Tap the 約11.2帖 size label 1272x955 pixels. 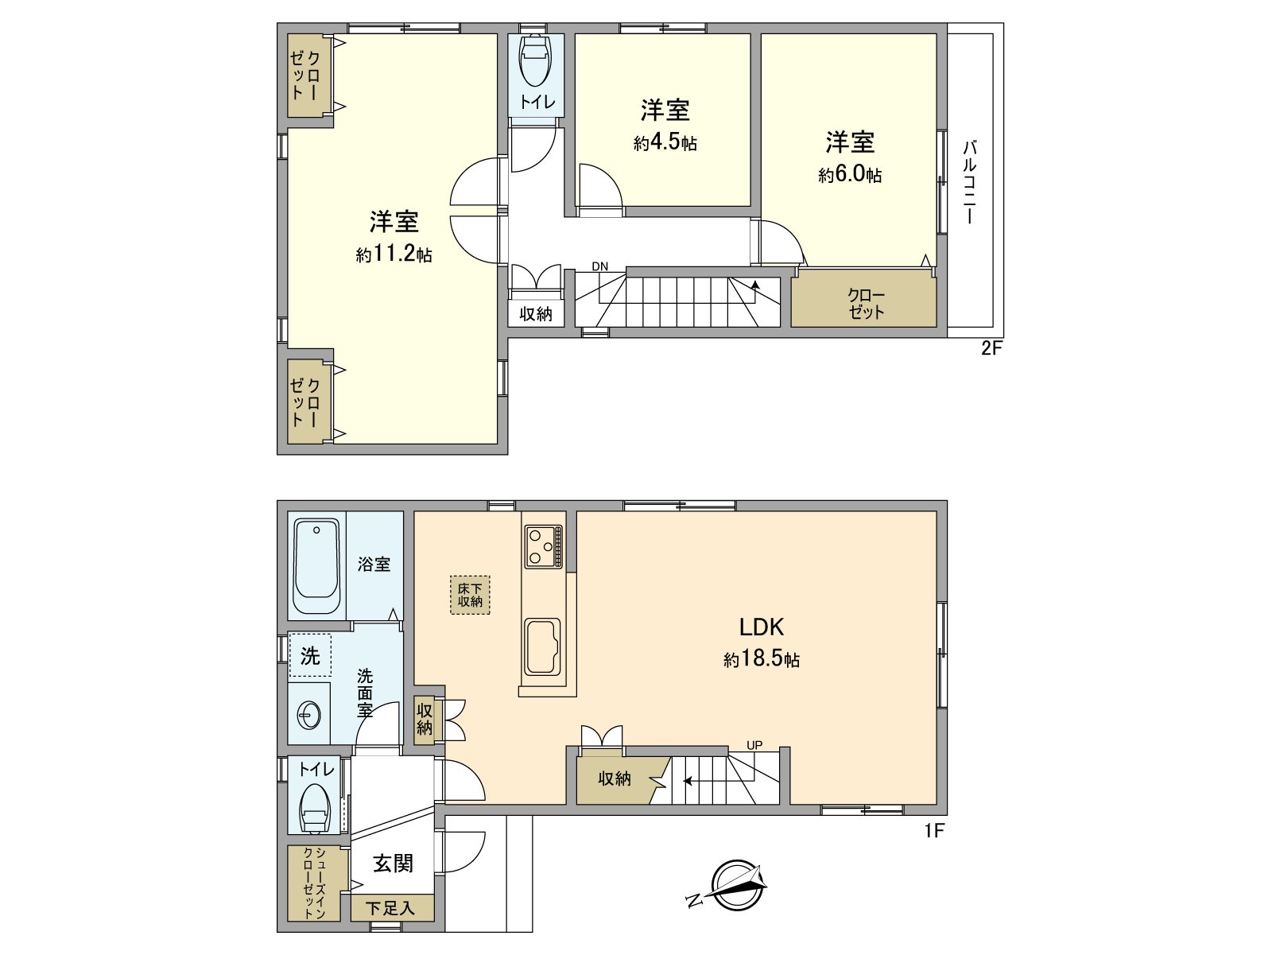pos(394,254)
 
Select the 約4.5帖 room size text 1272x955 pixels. pos(665,143)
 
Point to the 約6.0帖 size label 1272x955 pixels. pos(850,174)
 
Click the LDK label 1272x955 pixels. pos(762,627)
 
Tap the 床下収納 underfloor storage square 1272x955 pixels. pos(470,596)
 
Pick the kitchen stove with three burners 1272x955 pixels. pos(543,545)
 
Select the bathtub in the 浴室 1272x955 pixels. pos(316,566)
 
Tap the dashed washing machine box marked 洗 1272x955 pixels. pos(310,655)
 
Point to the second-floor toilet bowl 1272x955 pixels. pos(535,60)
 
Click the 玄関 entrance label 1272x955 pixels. pos(394,863)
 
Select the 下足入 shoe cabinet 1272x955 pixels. pos(392,907)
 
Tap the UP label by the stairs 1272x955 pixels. pos(754,745)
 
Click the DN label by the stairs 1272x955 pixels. pos(599,266)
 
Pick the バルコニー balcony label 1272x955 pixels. pos(970,182)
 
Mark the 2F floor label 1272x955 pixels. pos(991,348)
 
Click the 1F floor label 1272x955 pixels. pos(933,832)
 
